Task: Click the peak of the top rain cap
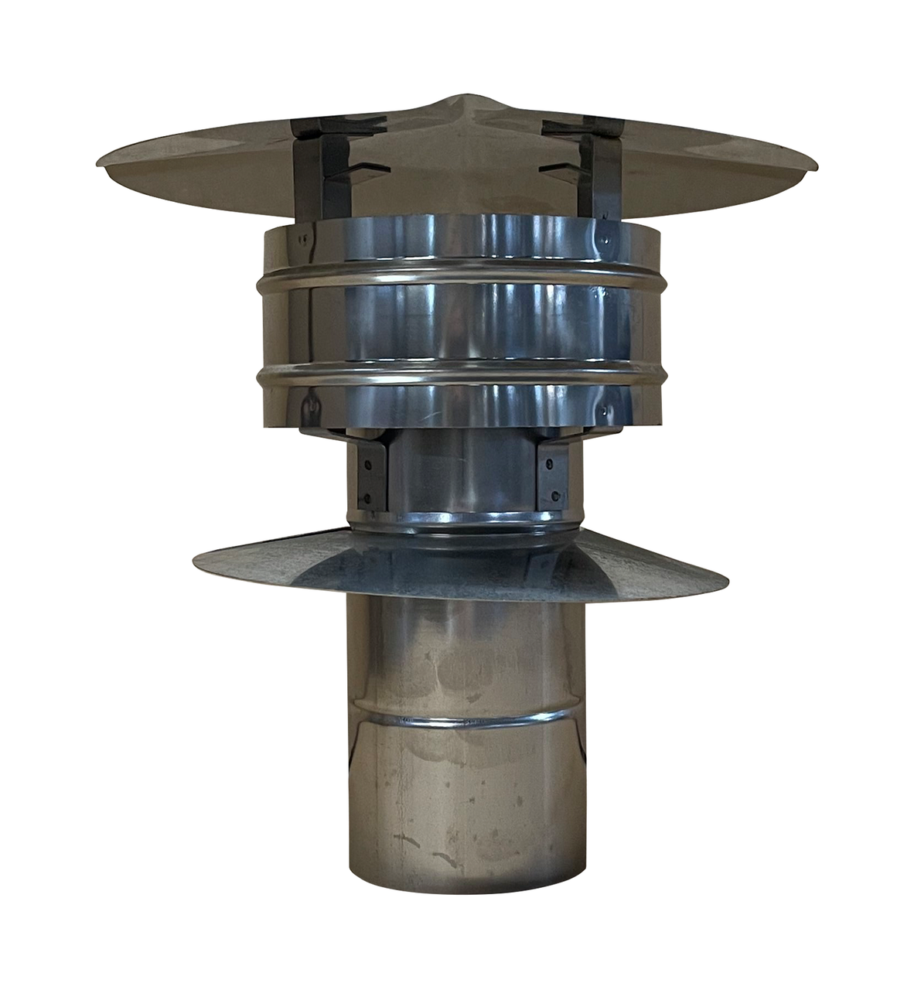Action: (x=456, y=100)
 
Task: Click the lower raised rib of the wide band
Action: (x=456, y=377)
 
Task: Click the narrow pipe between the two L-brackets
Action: (x=456, y=472)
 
